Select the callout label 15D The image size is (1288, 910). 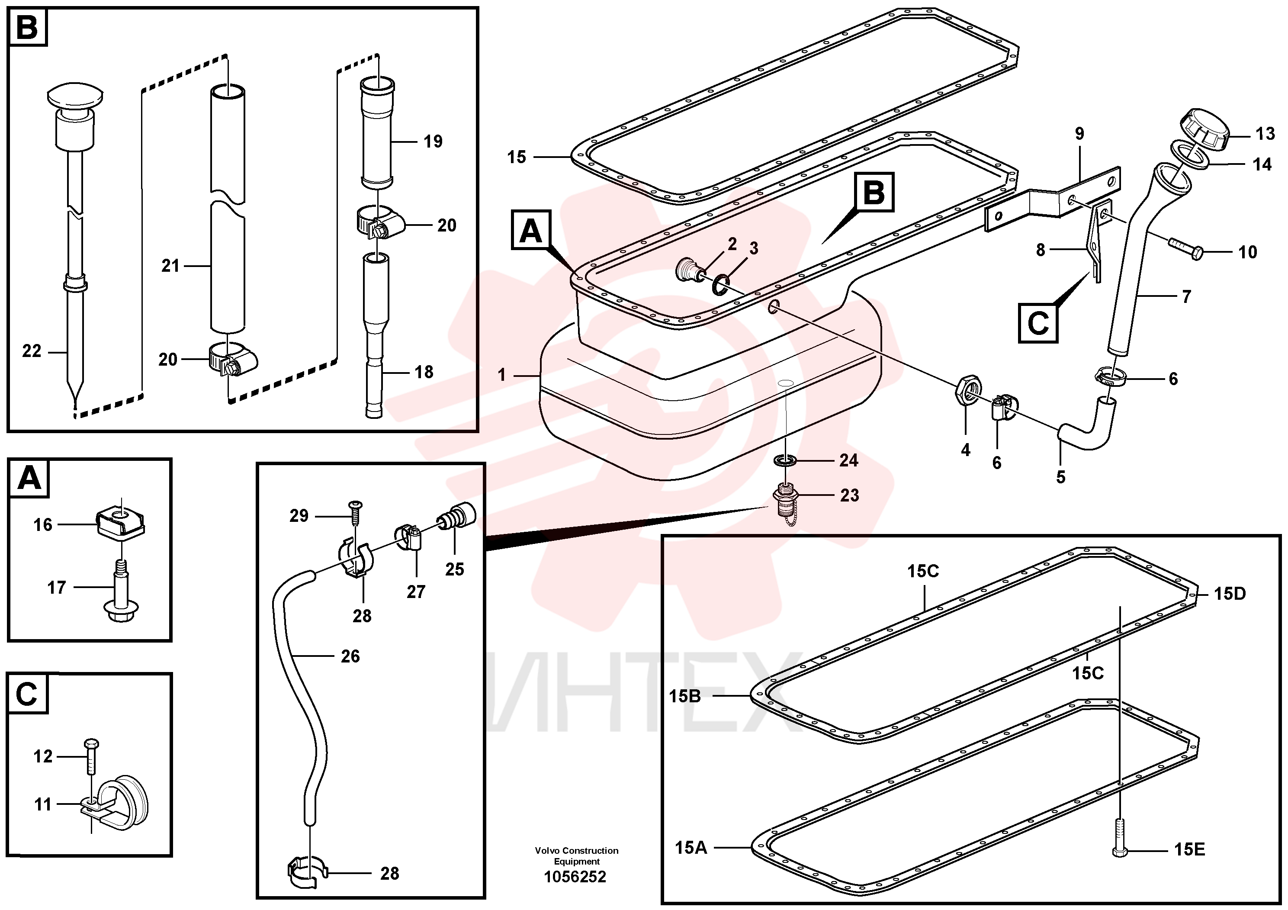coord(1230,594)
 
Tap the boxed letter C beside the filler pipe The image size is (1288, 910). coord(1038,323)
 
